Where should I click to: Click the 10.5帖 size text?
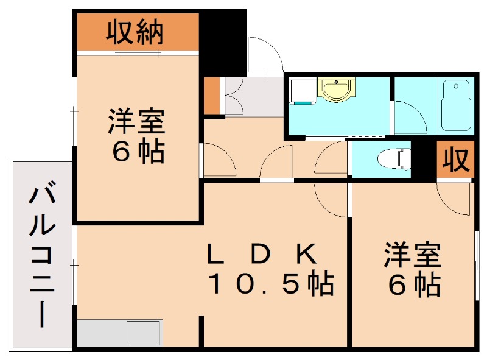coord(271,284)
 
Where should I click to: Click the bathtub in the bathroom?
coord(457,107)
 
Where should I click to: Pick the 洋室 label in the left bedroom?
coord(137,122)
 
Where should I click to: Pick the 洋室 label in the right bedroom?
coord(412,256)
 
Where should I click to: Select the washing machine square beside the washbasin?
coord(299,91)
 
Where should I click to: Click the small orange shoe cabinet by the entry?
coord(211,96)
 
